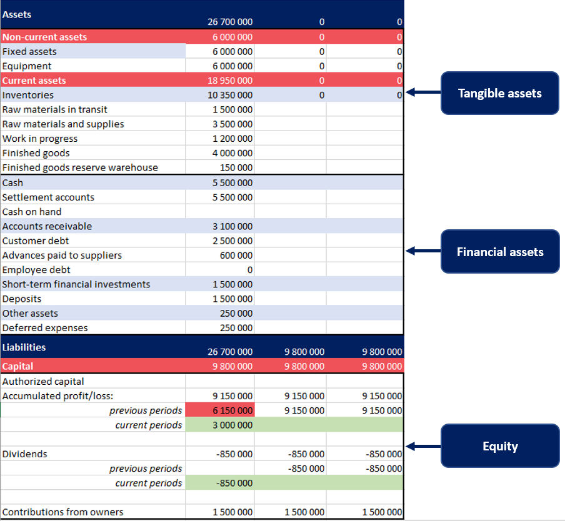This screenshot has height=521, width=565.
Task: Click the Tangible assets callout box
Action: pos(499,93)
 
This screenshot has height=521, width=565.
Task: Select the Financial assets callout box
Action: pos(499,252)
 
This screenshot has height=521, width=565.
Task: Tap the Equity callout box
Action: pos(499,446)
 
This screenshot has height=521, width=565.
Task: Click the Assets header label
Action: pos(17,14)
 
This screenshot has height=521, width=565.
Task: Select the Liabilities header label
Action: pos(24,347)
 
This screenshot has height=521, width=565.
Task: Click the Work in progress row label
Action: pos(40,139)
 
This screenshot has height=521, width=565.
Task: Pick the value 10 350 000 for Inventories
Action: pos(230,95)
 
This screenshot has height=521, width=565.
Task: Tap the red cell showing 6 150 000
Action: pos(232,410)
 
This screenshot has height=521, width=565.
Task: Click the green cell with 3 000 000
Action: pos(232,425)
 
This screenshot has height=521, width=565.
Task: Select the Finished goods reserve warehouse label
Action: pos(80,167)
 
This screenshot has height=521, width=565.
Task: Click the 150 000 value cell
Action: pos(236,167)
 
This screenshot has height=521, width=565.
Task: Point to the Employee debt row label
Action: pos(36,270)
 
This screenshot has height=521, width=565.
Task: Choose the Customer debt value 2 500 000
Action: pos(232,241)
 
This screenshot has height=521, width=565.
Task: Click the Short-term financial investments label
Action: pos(76,284)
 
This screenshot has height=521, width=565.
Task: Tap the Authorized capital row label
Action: pos(43,381)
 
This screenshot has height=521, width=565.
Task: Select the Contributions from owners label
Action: pos(63,512)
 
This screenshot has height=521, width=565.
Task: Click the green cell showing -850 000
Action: pos(234,483)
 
